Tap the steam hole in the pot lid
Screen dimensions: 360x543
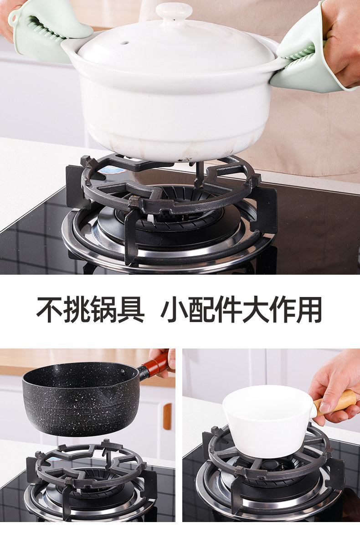coord(124,43)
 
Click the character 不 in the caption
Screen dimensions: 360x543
coord(50,310)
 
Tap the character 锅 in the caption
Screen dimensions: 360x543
coord(103,310)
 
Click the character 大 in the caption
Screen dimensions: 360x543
coord(255,310)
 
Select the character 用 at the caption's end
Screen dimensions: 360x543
coord(309,310)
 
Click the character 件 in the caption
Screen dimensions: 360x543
coord(228,310)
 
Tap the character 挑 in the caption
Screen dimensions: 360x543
coord(77,310)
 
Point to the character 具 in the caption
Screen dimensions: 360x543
coord(131,310)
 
